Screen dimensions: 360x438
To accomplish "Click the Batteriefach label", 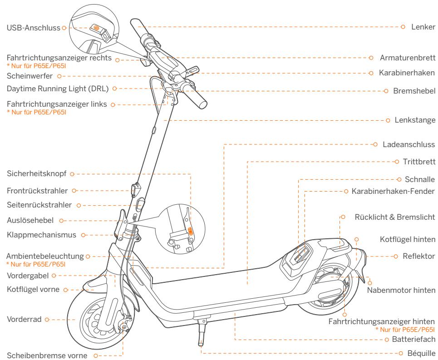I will [413, 339].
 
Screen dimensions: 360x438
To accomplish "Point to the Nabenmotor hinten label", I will [401, 289].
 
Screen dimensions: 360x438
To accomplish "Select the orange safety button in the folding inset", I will [191, 231].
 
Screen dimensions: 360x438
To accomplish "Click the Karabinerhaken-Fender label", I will [393, 191].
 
